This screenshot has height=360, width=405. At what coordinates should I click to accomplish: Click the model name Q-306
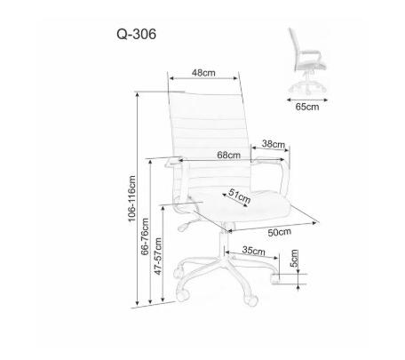click(136, 35)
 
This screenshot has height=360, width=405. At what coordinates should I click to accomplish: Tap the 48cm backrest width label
click(203, 73)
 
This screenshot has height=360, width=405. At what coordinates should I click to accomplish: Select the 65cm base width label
click(307, 107)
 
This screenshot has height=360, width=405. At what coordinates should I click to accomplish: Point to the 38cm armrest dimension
click(274, 144)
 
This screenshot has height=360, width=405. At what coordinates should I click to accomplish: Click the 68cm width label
click(229, 155)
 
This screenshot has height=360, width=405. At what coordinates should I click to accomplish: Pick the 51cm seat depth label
click(239, 196)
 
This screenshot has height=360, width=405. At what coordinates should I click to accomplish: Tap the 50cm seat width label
click(280, 232)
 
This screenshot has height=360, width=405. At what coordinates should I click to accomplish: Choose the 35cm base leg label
click(253, 251)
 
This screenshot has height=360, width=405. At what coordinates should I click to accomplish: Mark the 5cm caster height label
click(294, 258)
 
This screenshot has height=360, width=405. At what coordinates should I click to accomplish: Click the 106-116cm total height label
click(131, 198)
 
